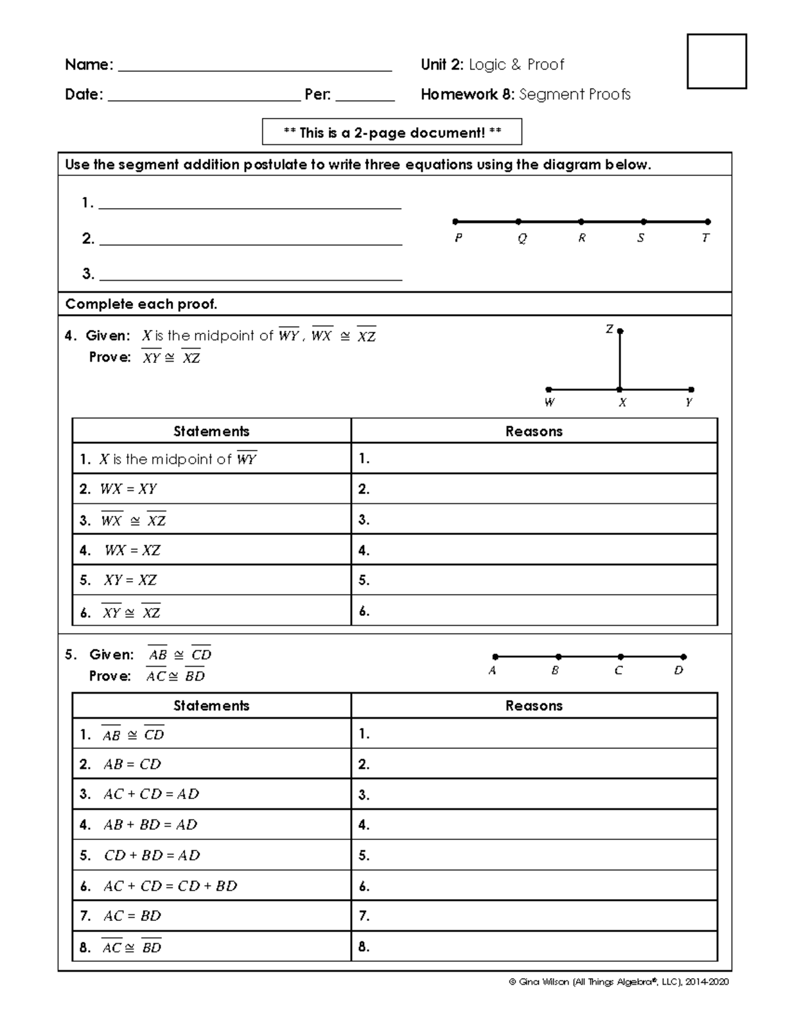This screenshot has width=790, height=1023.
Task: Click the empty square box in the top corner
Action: point(716,61)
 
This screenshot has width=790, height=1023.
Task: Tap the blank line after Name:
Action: point(253,66)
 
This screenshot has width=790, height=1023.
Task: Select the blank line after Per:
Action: point(365,96)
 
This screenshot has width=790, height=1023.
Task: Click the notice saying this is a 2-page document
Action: point(392,132)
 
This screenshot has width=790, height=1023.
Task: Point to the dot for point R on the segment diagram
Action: point(581,222)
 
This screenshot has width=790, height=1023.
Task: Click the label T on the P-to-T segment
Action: point(706,238)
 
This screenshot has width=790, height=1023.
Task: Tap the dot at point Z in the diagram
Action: point(620,331)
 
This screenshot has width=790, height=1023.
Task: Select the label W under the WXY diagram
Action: point(549,402)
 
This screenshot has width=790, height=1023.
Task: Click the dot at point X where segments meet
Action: point(619,389)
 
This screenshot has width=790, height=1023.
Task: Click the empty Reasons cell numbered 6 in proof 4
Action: point(534,611)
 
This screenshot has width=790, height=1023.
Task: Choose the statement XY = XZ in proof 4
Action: point(130,580)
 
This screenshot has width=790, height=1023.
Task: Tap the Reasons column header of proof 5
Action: point(534,705)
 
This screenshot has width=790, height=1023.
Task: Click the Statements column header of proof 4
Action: point(211,431)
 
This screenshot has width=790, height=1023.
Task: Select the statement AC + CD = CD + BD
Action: point(169,886)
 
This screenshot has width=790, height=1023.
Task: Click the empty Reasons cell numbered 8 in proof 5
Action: point(534,947)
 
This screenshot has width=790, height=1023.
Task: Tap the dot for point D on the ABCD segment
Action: point(683,657)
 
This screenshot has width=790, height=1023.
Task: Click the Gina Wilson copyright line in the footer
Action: point(619,982)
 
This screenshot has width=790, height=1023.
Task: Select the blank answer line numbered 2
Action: point(250,240)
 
